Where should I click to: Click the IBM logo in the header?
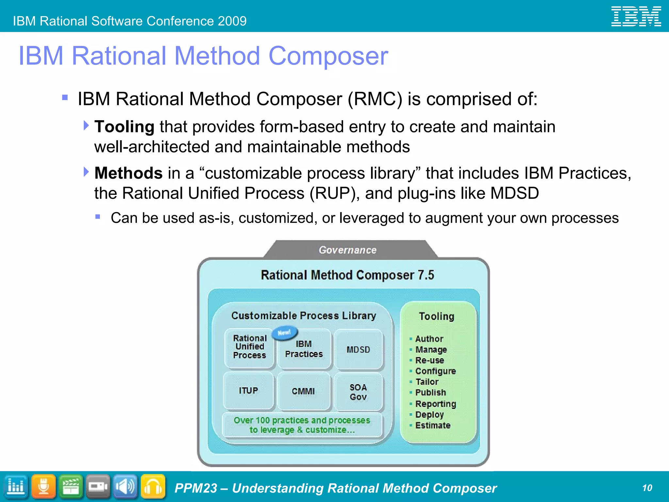click(x=636, y=16)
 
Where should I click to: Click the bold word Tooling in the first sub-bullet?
click(x=124, y=127)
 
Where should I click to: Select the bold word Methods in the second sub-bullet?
click(x=128, y=173)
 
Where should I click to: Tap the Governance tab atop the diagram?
click(x=348, y=250)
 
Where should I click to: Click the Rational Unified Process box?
click(x=250, y=347)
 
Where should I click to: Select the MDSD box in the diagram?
click(x=358, y=350)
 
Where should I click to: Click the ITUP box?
click(x=248, y=391)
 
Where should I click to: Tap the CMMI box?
click(x=303, y=391)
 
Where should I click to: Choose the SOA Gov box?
click(x=358, y=392)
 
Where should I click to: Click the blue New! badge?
click(x=285, y=333)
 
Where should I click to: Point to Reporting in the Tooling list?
click(x=435, y=404)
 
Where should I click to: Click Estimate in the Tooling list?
click(x=432, y=426)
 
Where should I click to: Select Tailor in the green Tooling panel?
click(x=427, y=382)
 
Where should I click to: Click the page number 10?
click(x=647, y=488)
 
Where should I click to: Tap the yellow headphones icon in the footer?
click(x=153, y=487)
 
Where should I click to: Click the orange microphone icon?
click(x=44, y=487)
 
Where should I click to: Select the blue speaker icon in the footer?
click(x=125, y=487)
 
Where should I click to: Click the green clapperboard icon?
click(x=71, y=487)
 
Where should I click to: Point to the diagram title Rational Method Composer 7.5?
click(x=347, y=275)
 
